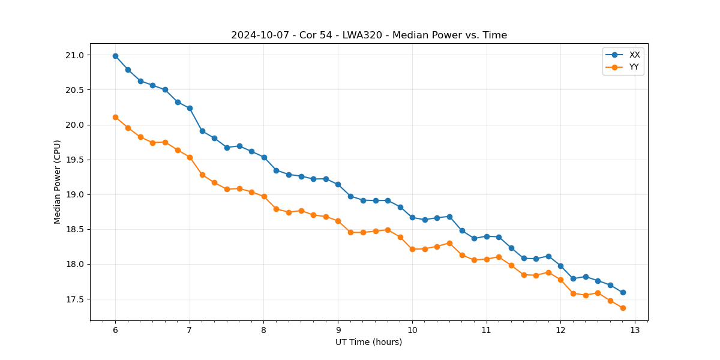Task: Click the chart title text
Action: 369,35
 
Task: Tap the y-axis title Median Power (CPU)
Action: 58,182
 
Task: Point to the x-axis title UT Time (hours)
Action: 369,342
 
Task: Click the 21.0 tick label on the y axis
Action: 74,55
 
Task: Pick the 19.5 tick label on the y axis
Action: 74,160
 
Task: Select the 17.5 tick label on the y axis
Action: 74,299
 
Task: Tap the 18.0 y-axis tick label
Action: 74,264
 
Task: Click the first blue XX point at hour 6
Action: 115,56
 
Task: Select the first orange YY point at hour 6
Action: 115,117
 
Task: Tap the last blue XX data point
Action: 623,292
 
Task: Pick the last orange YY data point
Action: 623,308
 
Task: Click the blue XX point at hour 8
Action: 264,157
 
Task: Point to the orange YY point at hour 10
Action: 412,249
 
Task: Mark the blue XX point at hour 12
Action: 560,266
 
